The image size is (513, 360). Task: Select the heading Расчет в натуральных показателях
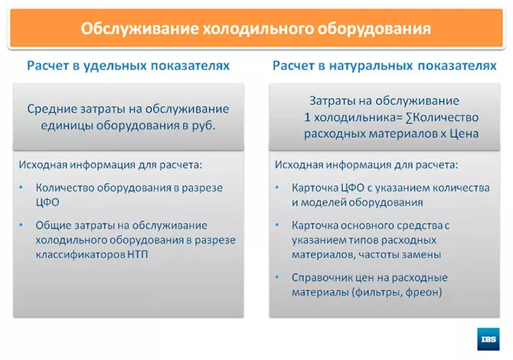click(384, 67)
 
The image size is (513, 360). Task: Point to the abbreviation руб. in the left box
click(203, 126)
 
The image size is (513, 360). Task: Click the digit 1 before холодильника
click(308, 117)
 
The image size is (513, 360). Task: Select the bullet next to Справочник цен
click(278, 277)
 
